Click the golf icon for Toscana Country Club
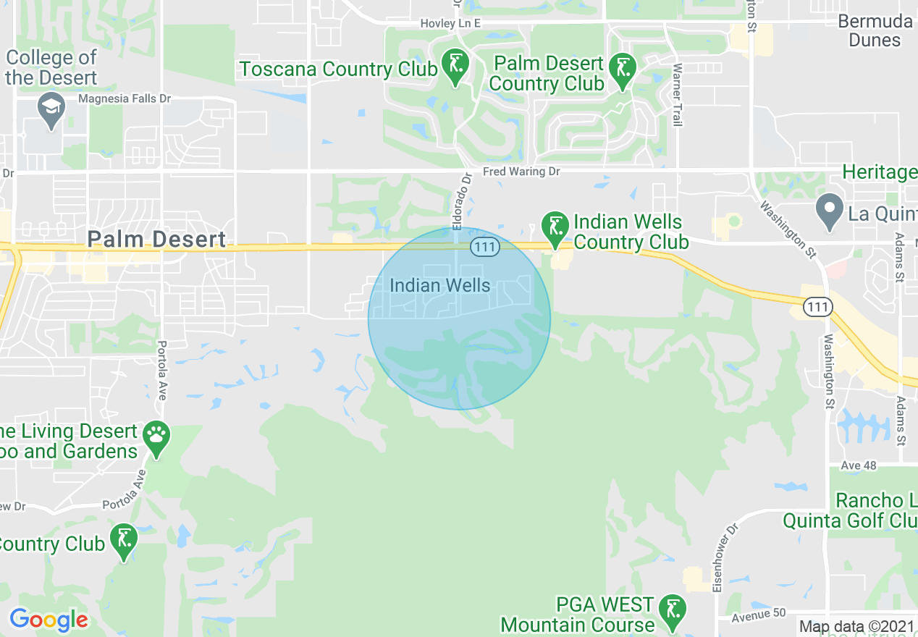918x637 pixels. click(455, 66)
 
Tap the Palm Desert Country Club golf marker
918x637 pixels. click(623, 69)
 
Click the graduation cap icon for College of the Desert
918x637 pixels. click(51, 109)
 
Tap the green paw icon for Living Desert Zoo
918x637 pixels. click(156, 436)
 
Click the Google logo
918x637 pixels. click(49, 620)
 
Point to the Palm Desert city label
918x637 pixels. click(156, 239)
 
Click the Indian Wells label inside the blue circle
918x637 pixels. click(440, 286)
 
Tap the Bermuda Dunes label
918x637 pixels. click(875, 30)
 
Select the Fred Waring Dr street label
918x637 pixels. click(521, 172)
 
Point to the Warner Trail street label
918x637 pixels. click(678, 95)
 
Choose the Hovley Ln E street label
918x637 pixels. click(450, 24)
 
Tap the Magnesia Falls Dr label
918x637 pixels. click(117, 98)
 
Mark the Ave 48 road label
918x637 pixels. click(859, 465)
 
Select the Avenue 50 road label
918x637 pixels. click(758, 613)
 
